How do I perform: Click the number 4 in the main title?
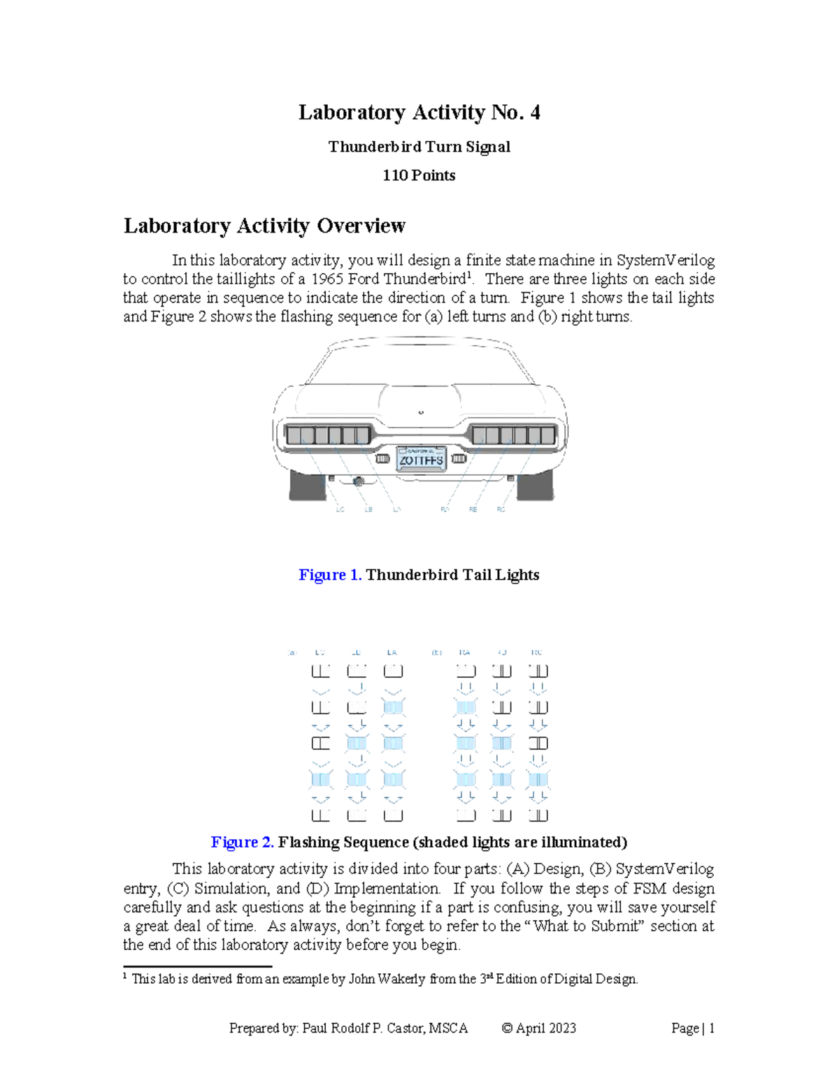535,112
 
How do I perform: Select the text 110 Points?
419,175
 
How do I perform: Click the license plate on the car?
421,459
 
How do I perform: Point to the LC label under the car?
340,509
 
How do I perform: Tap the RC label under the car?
501,509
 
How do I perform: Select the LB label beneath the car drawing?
368,509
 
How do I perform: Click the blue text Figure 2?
242,842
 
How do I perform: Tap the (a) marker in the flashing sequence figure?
292,653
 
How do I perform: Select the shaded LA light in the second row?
393,707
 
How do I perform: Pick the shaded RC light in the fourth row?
538,779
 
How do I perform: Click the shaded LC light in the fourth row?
320,779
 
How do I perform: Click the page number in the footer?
711,1028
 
